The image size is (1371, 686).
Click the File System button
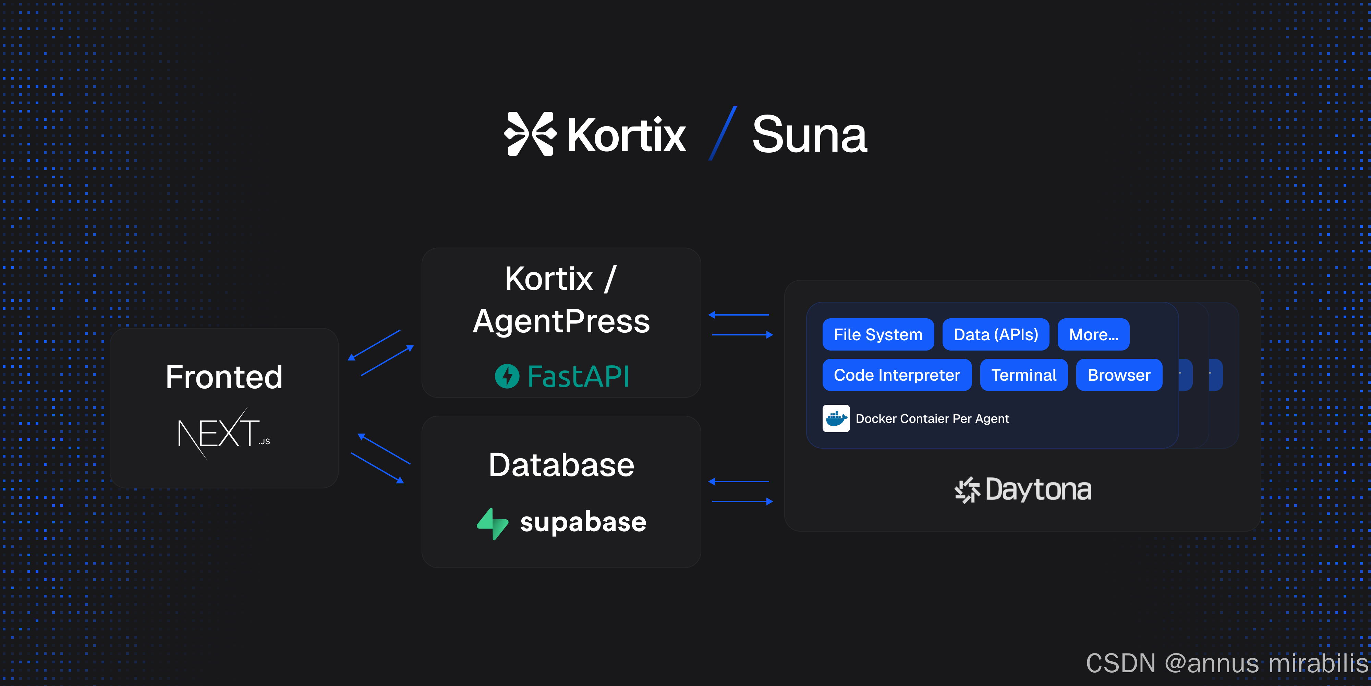(x=878, y=334)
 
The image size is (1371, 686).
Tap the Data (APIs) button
(x=995, y=334)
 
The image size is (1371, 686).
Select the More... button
(x=1093, y=334)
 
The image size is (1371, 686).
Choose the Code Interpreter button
(x=897, y=375)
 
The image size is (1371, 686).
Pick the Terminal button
(x=1023, y=375)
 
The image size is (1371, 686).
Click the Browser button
(x=1119, y=375)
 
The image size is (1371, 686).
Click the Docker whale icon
(x=836, y=418)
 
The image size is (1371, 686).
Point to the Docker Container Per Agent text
(x=932, y=418)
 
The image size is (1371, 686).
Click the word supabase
(x=583, y=522)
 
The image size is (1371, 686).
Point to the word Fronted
(x=223, y=377)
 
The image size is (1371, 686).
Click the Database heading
(x=561, y=465)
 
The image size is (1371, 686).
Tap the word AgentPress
(x=561, y=321)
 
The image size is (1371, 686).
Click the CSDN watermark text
(x=1226, y=663)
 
